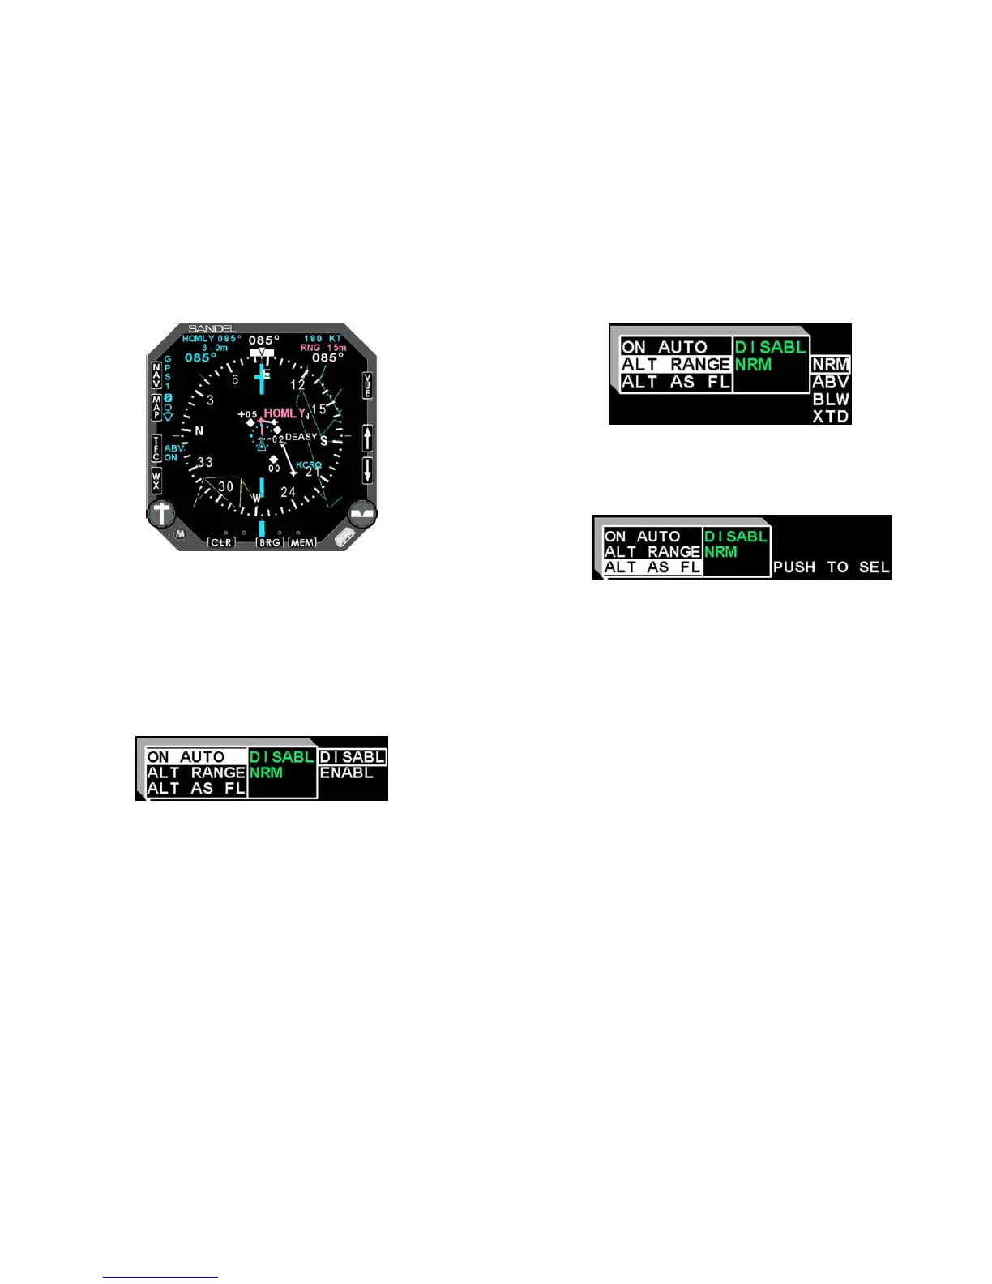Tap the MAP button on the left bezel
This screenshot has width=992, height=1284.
[x=156, y=407]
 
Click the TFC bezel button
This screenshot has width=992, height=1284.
[x=156, y=447]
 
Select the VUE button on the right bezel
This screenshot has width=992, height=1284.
[x=367, y=386]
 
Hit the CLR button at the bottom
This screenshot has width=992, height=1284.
[x=220, y=542]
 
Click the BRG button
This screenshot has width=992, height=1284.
[x=269, y=542]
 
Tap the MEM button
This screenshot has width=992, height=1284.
[x=302, y=542]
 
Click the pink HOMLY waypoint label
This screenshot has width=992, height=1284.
[x=284, y=413]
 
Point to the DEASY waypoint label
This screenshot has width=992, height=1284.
[x=301, y=437]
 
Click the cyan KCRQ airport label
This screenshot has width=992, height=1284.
[x=309, y=465]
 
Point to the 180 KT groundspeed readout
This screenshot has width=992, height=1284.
[x=323, y=338]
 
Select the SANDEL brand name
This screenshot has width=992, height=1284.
[x=211, y=329]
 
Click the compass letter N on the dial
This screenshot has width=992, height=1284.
[x=199, y=431]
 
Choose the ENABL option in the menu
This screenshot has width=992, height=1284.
[x=346, y=773]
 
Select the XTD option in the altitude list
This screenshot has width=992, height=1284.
[x=831, y=417]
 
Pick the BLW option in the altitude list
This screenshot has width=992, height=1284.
[x=831, y=400]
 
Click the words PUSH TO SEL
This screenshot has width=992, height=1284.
[x=831, y=567]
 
